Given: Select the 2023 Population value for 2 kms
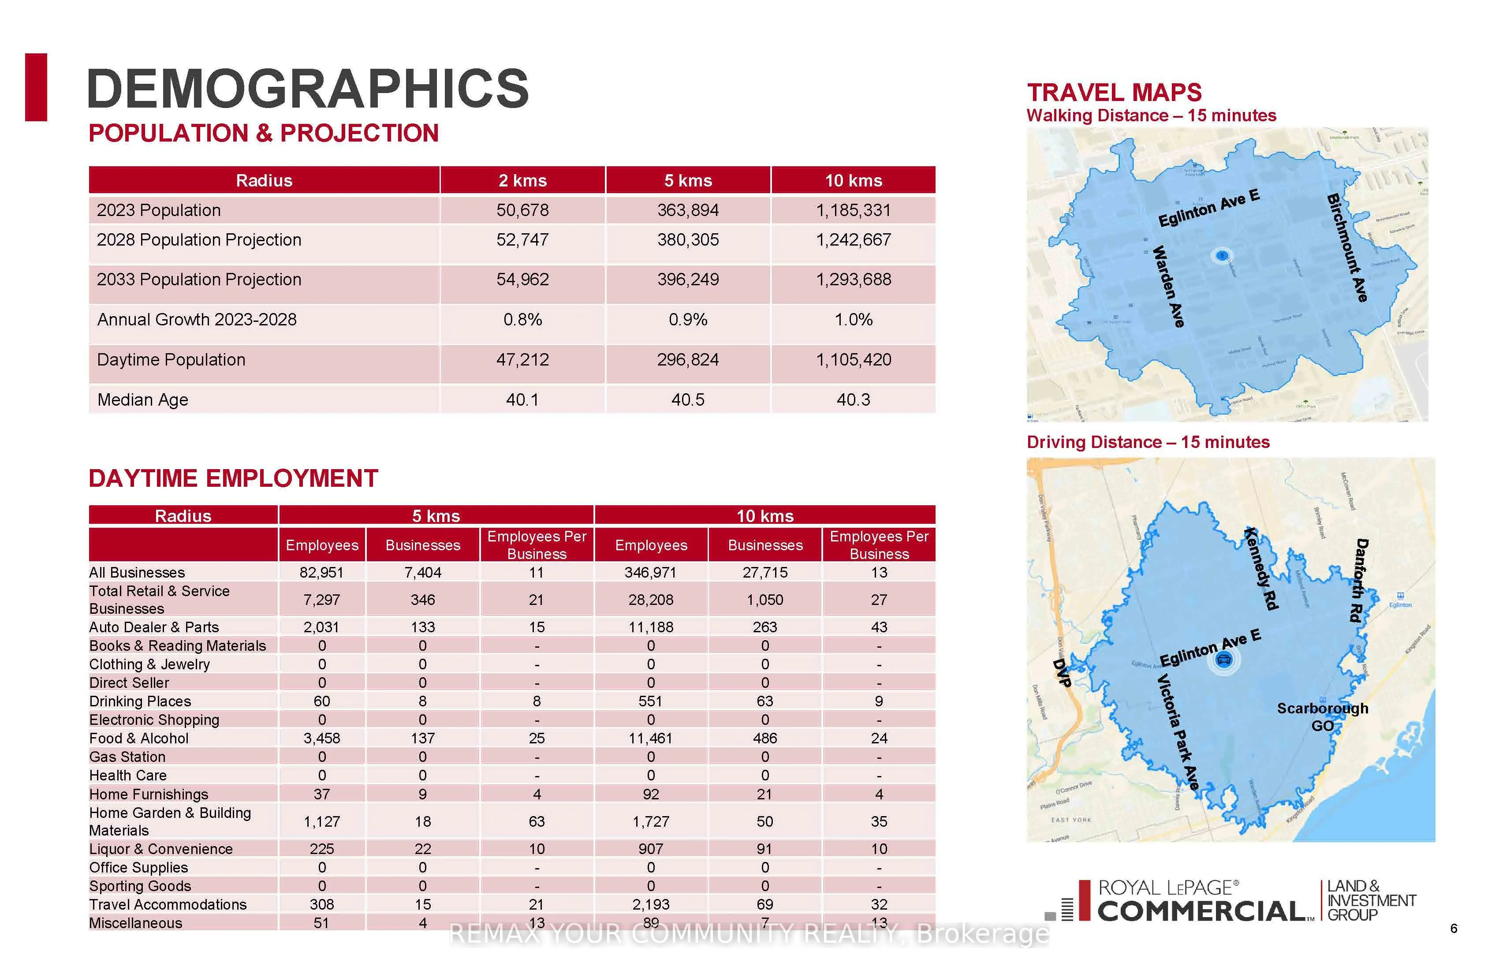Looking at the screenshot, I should click(x=522, y=210).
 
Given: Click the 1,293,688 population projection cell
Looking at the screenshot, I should click(x=854, y=280).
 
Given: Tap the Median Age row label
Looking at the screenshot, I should click(x=143, y=400).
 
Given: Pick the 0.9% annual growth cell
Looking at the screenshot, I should click(x=688, y=320).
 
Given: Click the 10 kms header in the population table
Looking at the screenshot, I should click(x=854, y=181).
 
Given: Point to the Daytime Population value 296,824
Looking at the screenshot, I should click(x=688, y=360).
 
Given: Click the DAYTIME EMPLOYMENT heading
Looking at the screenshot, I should click(x=233, y=479).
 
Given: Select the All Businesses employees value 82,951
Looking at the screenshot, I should click(x=322, y=573).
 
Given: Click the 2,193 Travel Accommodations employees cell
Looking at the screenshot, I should click(x=651, y=904).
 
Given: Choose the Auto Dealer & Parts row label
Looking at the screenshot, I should click(x=154, y=627).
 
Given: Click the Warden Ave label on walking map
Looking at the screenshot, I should click(x=1169, y=287).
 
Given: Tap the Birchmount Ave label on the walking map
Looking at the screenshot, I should click(x=1347, y=248).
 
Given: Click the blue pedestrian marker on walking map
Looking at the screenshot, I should click(x=1222, y=255).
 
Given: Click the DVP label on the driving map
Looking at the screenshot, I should click(x=1062, y=673).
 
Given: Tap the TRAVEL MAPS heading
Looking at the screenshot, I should click(x=1114, y=93).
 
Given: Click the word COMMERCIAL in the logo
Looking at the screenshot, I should click(x=1201, y=911).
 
